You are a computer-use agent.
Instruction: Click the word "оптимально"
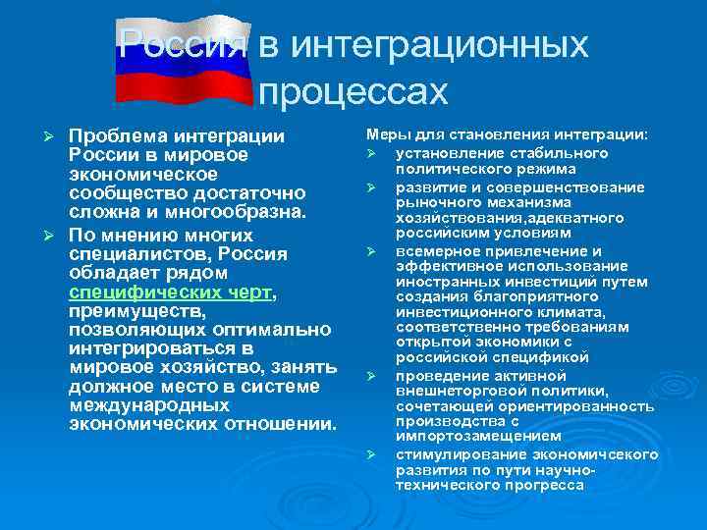(255, 331)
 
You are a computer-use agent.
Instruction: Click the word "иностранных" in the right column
(441, 282)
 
